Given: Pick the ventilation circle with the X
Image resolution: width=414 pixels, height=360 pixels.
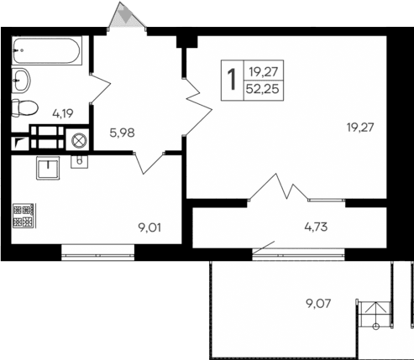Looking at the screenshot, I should click(x=80, y=140).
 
